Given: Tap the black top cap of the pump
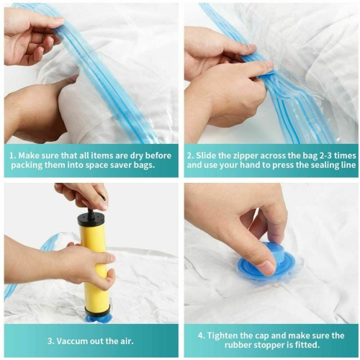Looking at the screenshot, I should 91,217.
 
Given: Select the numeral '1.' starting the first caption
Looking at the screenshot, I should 12,154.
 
